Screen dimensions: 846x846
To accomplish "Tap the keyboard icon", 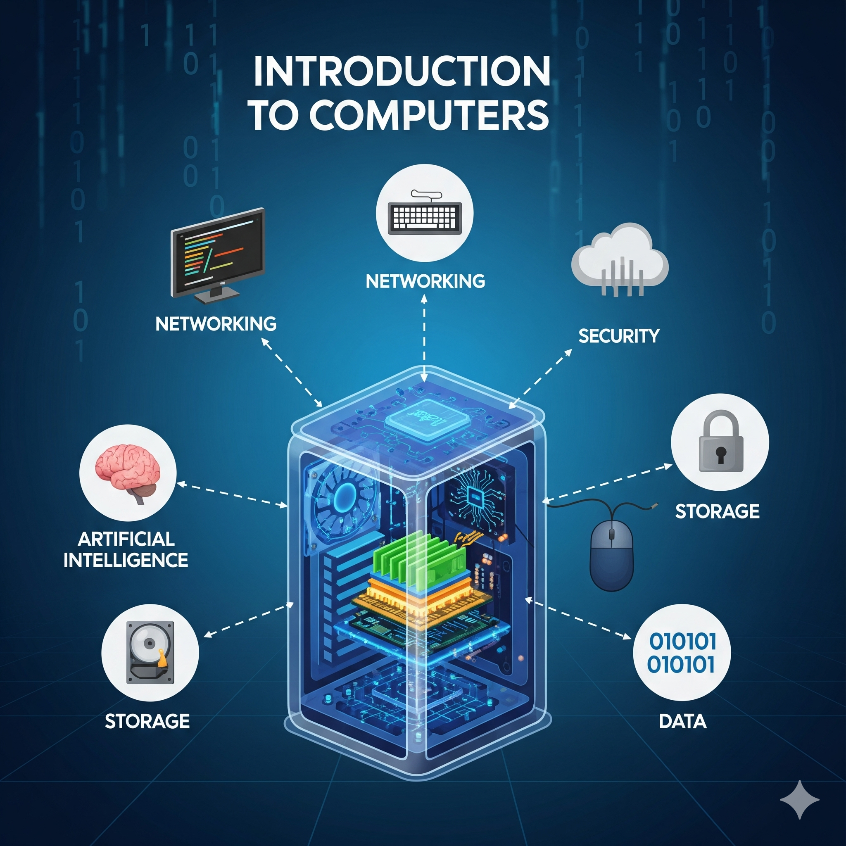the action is point(424,213).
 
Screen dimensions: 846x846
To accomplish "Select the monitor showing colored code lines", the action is point(218,255).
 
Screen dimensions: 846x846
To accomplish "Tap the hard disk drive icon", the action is point(150,652).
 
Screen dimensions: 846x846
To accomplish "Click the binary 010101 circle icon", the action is point(682,652).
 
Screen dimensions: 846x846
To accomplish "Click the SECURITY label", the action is point(619,336).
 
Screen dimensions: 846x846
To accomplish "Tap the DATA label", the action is point(683,721).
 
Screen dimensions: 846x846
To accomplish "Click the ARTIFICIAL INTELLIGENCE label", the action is point(126,549).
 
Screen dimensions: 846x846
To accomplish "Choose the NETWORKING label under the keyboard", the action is point(425,280).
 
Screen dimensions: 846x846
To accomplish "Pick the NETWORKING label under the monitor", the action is point(216,323).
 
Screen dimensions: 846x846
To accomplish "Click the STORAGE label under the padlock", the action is point(717,511).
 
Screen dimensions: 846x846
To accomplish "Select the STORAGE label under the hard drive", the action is point(147,721).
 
